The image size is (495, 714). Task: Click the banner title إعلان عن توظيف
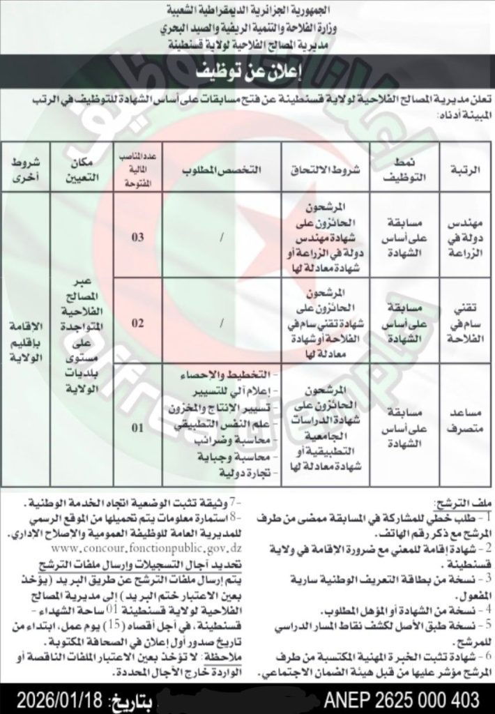click(x=247, y=71)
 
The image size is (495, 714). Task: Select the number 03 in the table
click(x=139, y=238)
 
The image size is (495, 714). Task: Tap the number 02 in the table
click(x=139, y=323)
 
